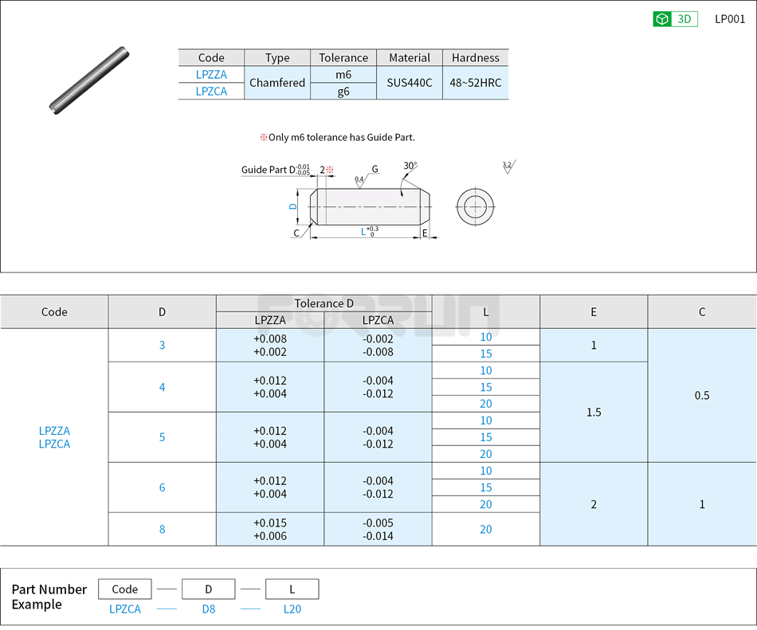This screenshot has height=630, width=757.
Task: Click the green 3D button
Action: (x=675, y=19)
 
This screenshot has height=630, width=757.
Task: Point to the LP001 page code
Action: (x=729, y=19)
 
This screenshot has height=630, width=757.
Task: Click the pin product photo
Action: (x=89, y=80)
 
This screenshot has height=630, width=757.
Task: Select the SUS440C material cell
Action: (x=410, y=83)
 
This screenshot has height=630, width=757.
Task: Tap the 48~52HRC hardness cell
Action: (x=475, y=83)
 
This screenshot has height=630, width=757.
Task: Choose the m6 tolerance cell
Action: (x=343, y=74)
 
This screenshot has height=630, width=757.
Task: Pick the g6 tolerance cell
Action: (x=343, y=92)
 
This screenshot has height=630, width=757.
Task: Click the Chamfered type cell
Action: (x=277, y=83)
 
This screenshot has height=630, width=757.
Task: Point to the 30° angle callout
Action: (x=410, y=166)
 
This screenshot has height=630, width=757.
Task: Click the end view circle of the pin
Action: (x=475, y=208)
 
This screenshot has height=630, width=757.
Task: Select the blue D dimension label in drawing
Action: (x=293, y=206)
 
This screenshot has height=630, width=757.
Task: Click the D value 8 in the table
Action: (x=162, y=529)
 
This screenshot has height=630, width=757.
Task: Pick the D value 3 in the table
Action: (x=162, y=345)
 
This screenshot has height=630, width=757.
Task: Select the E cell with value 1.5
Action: (x=594, y=412)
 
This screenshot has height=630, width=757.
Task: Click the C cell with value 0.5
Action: (x=701, y=395)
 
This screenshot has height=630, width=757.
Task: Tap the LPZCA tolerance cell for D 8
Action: (x=378, y=529)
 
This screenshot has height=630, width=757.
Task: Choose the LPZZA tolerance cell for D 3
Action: (x=270, y=345)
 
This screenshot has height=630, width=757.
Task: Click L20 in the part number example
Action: (x=292, y=609)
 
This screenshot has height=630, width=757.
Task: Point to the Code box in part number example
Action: (x=125, y=589)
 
